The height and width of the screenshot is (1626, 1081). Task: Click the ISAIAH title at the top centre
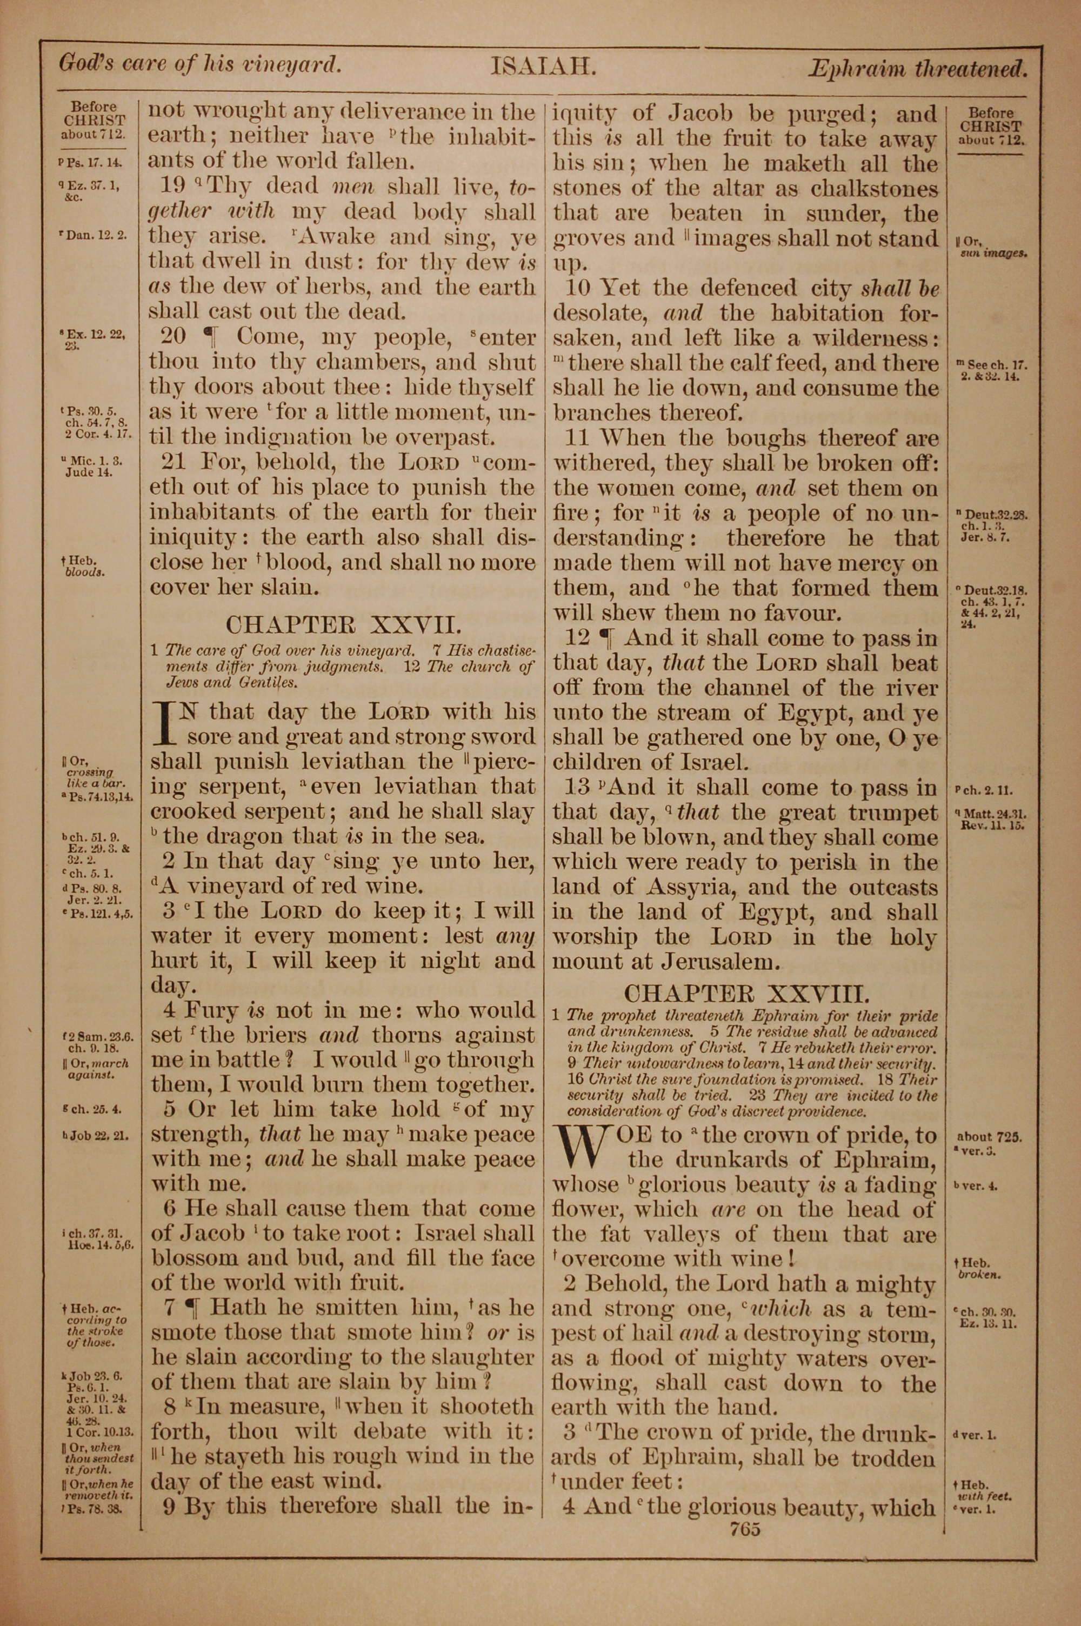click(543, 67)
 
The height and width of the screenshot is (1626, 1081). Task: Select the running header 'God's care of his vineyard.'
click(200, 64)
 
